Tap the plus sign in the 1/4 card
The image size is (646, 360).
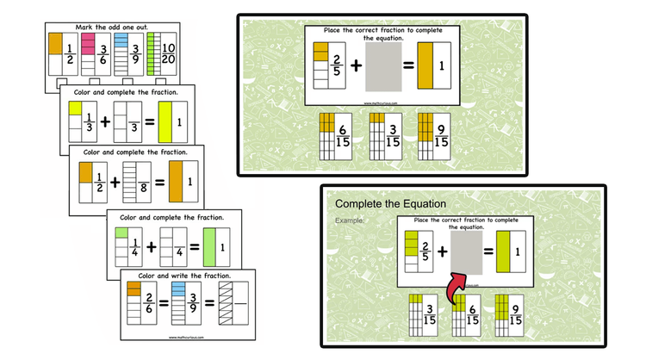click(152, 247)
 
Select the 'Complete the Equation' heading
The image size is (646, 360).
click(390, 204)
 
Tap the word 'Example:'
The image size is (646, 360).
click(350, 220)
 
